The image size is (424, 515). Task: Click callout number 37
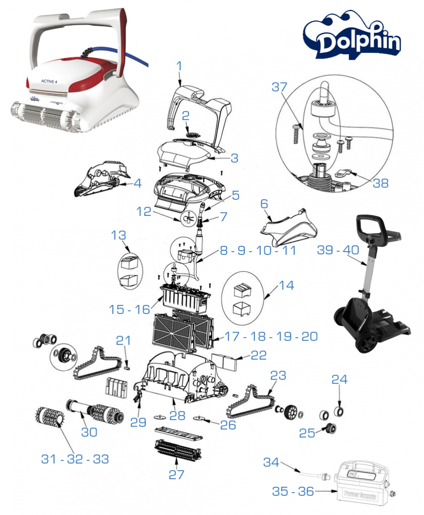(x=280, y=88)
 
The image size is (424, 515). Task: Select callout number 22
(x=259, y=356)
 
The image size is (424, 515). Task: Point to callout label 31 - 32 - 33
(x=75, y=459)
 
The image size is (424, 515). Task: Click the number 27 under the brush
(x=176, y=475)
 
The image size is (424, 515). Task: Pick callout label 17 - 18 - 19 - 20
(x=272, y=336)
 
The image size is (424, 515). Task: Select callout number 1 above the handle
(x=180, y=66)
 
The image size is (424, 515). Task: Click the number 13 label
(x=119, y=236)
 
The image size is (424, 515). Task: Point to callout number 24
(x=339, y=380)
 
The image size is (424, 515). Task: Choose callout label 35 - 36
(x=293, y=492)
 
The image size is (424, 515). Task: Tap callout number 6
(x=264, y=204)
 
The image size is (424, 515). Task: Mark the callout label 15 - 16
(x=130, y=309)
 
